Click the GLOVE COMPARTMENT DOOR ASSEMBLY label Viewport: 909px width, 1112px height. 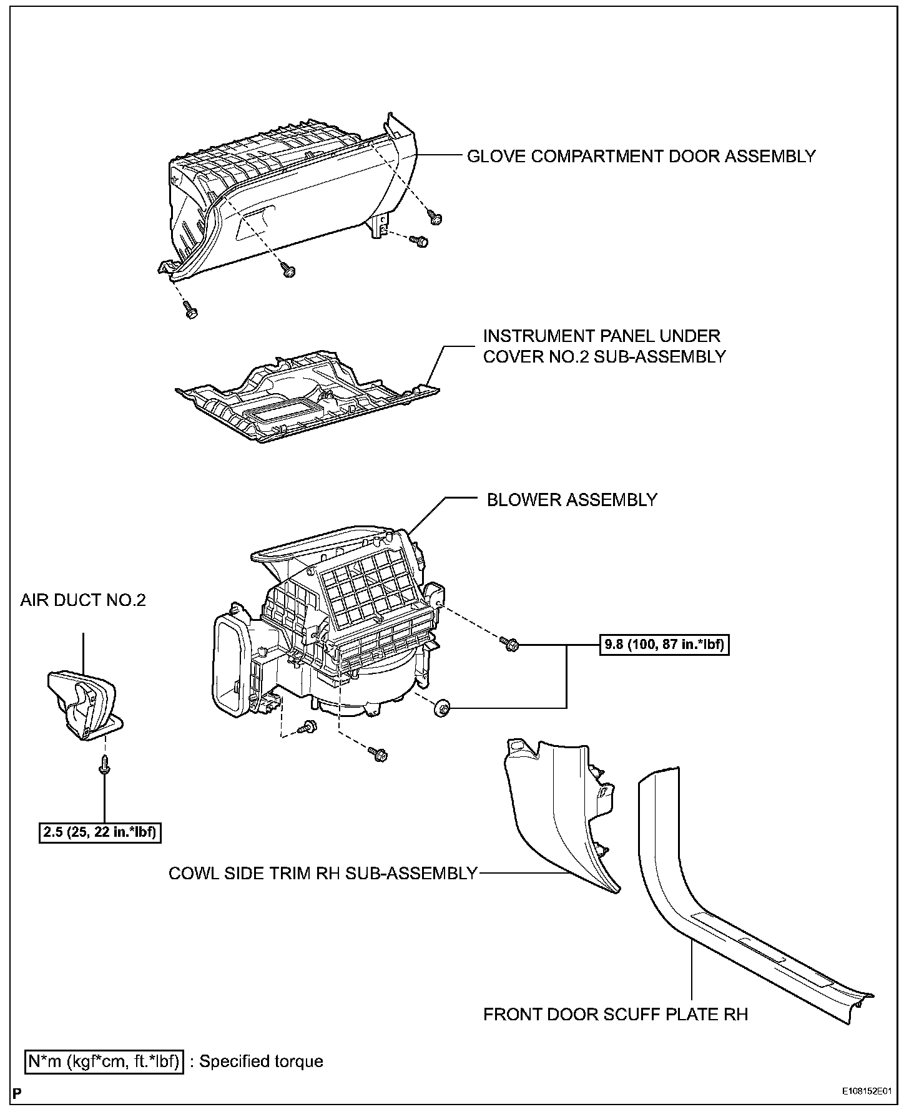click(641, 156)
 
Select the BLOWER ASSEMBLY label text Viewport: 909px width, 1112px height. click(571, 500)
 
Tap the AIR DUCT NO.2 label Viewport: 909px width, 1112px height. click(83, 600)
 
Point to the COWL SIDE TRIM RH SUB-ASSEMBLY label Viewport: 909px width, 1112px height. click(323, 873)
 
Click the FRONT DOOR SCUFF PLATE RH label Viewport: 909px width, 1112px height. click(616, 1014)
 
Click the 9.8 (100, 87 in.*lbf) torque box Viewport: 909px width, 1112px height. click(664, 644)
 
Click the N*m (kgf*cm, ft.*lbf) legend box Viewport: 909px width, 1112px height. click(104, 1061)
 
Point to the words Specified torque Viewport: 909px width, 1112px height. click(261, 1061)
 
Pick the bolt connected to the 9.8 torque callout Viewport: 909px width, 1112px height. click(509, 644)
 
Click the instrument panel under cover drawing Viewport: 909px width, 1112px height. click(306, 396)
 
